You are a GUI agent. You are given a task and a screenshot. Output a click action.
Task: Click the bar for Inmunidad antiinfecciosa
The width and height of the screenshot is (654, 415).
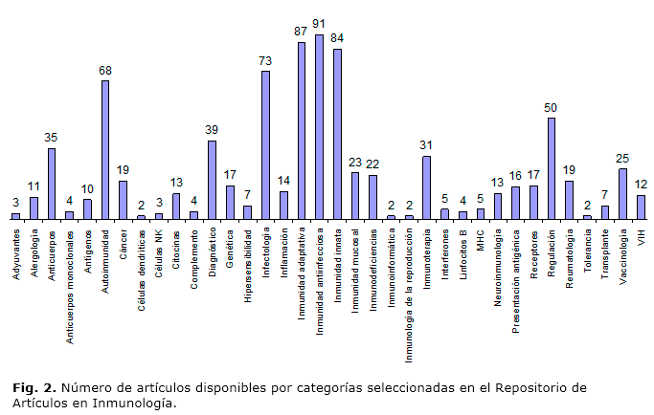coord(319,126)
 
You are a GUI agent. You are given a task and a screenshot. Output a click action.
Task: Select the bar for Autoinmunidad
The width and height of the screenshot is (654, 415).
coord(105,149)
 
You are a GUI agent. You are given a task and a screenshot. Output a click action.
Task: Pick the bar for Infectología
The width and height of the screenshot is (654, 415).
coord(265,144)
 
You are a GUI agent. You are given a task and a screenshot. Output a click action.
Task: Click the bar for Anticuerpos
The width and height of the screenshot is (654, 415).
coord(52,183)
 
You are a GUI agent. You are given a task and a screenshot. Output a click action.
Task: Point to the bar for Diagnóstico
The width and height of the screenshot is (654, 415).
coord(212,179)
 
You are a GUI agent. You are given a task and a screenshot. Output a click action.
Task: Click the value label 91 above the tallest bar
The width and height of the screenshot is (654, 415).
coord(319,24)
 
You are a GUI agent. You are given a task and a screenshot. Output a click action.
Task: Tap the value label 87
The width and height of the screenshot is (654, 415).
coord(301,32)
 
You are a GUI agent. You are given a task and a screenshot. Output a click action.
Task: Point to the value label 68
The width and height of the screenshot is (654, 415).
coord(105,70)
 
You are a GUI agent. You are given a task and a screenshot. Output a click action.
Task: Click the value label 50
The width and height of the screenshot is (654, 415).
coord(551,107)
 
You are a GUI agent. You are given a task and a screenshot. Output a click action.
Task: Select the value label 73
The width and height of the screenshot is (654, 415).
coord(265,60)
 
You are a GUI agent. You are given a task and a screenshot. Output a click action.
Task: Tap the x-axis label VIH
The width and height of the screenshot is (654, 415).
coord(641,232)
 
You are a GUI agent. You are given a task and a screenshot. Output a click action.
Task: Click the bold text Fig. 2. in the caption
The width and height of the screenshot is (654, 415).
coord(34,388)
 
